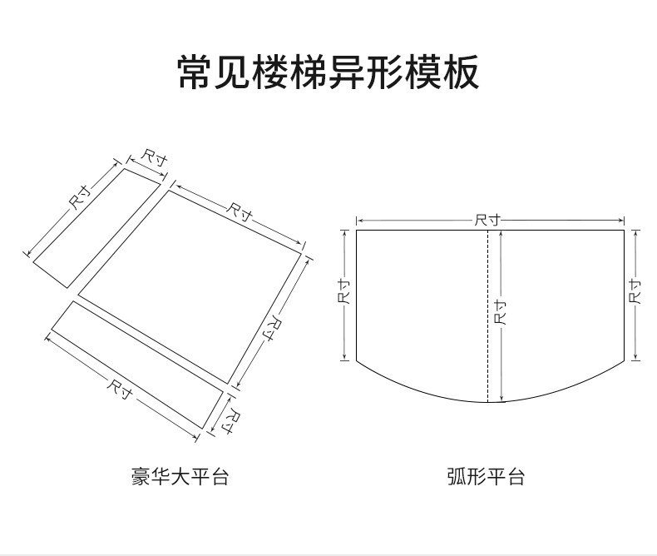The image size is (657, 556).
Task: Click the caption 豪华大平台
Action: pyautogui.click(x=180, y=477)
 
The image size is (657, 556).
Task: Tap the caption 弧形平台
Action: pyautogui.click(x=486, y=477)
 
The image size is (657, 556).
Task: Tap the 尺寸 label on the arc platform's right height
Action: pyautogui.click(x=636, y=291)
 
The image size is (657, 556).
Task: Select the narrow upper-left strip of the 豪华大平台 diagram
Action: pyautogui.click(x=97, y=227)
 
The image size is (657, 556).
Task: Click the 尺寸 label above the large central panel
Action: pyautogui.click(x=240, y=210)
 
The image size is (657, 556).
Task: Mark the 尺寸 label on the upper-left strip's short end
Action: pyautogui.click(x=153, y=157)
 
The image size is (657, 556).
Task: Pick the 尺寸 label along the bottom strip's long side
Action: pyautogui.click(x=121, y=387)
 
